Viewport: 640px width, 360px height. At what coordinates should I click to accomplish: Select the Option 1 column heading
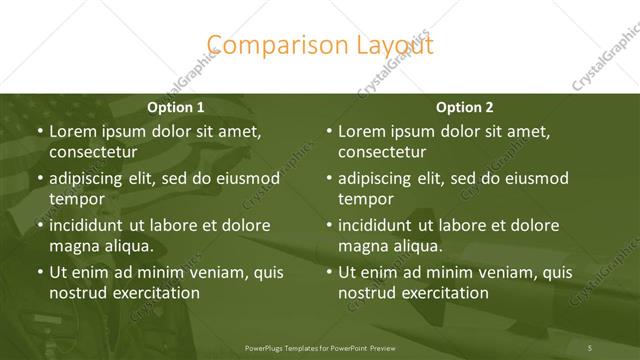click(175, 106)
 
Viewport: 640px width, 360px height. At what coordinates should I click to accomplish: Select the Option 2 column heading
click(465, 106)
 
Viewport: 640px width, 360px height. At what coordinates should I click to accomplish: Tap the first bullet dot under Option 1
click(39, 131)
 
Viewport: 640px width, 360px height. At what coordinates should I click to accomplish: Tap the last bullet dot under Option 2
click(329, 272)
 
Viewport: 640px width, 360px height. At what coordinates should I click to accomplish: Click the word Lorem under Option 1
click(71, 131)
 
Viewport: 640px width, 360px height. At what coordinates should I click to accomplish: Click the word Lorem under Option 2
click(361, 131)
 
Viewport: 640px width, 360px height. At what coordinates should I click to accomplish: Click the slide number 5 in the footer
click(590, 346)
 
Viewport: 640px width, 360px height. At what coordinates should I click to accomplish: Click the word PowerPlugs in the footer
click(268, 346)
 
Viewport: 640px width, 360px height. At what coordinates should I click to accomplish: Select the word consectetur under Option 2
click(382, 152)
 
